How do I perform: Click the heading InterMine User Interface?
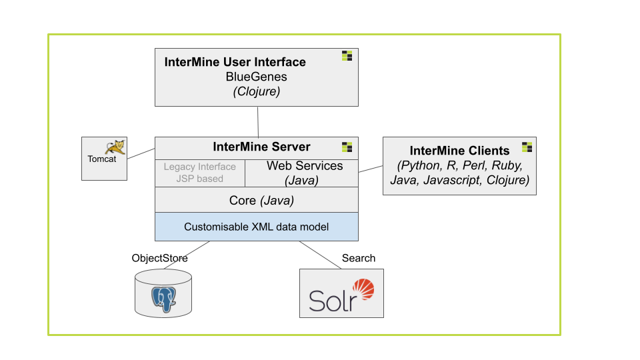pyautogui.click(x=235, y=62)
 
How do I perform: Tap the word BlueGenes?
pyautogui.click(x=256, y=77)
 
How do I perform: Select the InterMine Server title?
pyautogui.click(x=261, y=147)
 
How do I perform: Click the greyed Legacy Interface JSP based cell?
pyautogui.click(x=200, y=173)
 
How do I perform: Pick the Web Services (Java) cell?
pyautogui.click(x=301, y=173)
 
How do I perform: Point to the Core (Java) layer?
pyautogui.click(x=256, y=200)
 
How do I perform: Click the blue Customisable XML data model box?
pyautogui.click(x=256, y=227)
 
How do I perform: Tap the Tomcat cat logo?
pyautogui.click(x=115, y=147)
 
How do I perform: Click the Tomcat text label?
pyautogui.click(x=101, y=159)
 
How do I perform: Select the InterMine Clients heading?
pyautogui.click(x=459, y=151)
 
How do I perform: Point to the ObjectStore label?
pyautogui.click(x=159, y=258)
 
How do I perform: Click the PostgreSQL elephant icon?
pyautogui.click(x=164, y=299)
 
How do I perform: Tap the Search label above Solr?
pyautogui.click(x=359, y=258)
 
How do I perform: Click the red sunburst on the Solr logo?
pyautogui.click(x=364, y=289)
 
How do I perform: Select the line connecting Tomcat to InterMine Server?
pyautogui.click(x=141, y=153)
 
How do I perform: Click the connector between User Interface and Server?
pyautogui.click(x=258, y=121)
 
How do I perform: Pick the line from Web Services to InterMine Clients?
pyautogui.click(x=371, y=169)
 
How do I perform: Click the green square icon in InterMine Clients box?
pyautogui.click(x=527, y=147)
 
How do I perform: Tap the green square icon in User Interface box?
pyautogui.click(x=347, y=56)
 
